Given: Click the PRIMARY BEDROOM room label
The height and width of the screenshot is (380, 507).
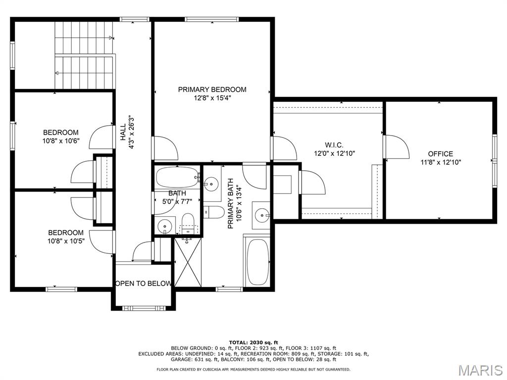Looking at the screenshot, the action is (x=212, y=90).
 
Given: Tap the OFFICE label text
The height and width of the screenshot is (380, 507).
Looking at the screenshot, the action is (x=440, y=154).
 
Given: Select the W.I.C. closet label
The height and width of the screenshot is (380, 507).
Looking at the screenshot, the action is (x=334, y=145).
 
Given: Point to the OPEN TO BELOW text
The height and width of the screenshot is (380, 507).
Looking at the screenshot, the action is (x=143, y=284).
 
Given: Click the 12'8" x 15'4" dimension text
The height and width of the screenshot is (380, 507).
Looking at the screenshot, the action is (x=212, y=98).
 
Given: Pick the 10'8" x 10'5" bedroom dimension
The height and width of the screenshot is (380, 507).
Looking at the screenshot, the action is (x=66, y=241).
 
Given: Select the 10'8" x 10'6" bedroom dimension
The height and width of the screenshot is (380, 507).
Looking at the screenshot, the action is (x=61, y=141).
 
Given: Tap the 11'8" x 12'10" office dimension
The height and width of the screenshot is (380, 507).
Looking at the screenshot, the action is (x=440, y=162).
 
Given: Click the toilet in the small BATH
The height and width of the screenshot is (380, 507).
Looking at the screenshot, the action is (x=187, y=224).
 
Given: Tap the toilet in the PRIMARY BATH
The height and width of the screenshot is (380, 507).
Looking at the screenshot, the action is (x=213, y=212).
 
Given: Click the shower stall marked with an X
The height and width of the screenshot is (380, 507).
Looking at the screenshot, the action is (x=188, y=262).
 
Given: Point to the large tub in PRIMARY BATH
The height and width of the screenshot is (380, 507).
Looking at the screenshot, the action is (x=257, y=262).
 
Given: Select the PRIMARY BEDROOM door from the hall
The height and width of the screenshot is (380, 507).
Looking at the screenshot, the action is (x=165, y=148).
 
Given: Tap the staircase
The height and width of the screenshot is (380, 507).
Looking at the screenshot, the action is (x=84, y=55).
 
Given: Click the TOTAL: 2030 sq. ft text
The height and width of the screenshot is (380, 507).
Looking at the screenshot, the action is (x=253, y=342).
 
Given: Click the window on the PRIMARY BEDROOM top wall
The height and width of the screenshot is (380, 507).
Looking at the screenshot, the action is (x=212, y=19).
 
